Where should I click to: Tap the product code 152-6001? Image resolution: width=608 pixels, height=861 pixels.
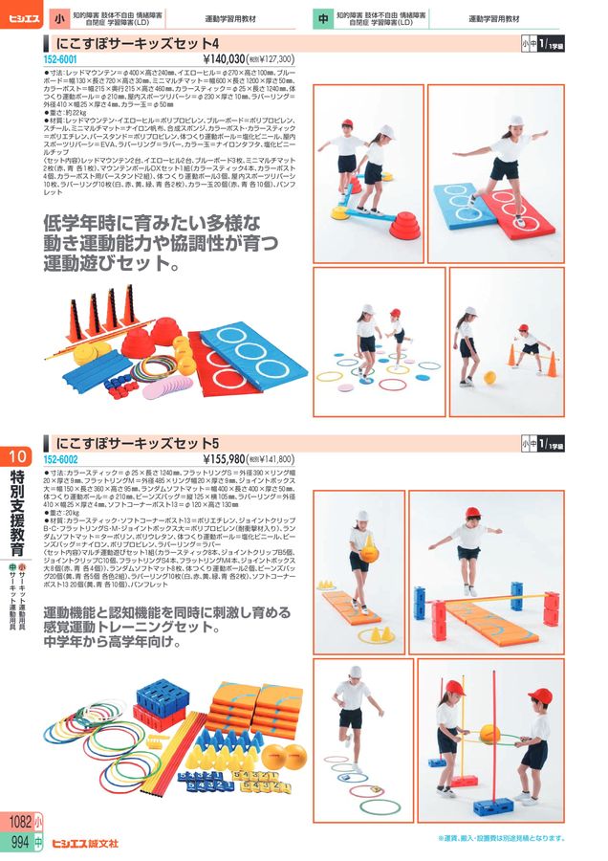click(x=61, y=59)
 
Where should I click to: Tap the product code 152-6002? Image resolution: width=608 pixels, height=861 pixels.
click(x=61, y=459)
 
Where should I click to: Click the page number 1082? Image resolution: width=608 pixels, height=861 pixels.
click(x=19, y=824)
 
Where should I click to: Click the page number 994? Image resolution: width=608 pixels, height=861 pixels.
click(x=19, y=842)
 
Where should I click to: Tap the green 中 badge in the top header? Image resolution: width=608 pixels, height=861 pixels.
click(x=323, y=18)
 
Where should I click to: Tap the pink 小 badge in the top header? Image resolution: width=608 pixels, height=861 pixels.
click(x=58, y=18)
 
